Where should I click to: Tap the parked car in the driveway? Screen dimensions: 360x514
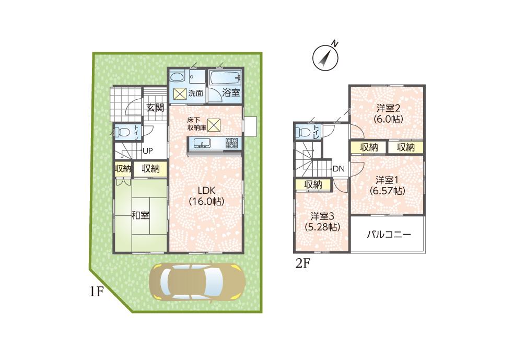pos(197,281)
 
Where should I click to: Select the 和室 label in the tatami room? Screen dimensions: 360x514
pos(141,215)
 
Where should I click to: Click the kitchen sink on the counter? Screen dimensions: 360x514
pos(202,143)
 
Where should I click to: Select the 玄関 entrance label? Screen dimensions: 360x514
pos(155,108)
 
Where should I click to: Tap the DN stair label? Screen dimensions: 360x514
pos(338,169)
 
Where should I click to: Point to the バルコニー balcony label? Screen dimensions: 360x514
pos(388,235)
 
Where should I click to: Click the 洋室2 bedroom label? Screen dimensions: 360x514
pos(388,108)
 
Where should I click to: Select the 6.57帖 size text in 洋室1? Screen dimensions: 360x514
pos(387,191)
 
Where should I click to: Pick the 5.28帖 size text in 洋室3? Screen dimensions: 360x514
pos(322,227)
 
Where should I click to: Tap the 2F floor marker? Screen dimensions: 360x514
pos(303,264)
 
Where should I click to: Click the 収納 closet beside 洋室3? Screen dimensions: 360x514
pos(313,184)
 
